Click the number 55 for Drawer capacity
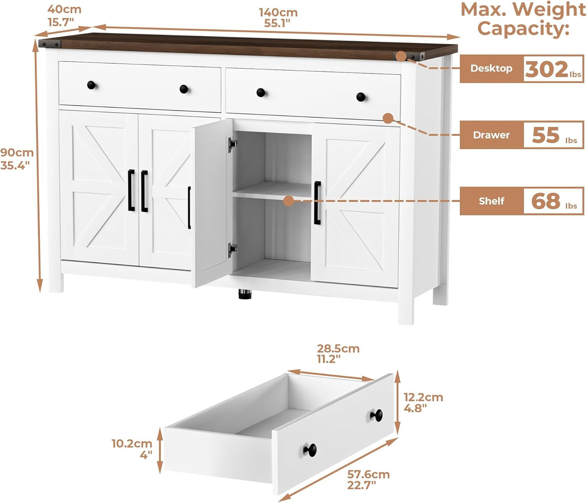click(x=546, y=135)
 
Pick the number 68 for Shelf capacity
click(x=546, y=201)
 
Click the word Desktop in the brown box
click(x=491, y=68)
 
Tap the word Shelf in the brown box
click(x=492, y=201)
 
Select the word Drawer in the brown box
click(x=491, y=135)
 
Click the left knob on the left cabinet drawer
click(x=91, y=85)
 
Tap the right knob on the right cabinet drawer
click(x=361, y=97)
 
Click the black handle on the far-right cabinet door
click(x=317, y=203)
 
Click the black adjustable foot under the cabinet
click(x=245, y=293)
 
